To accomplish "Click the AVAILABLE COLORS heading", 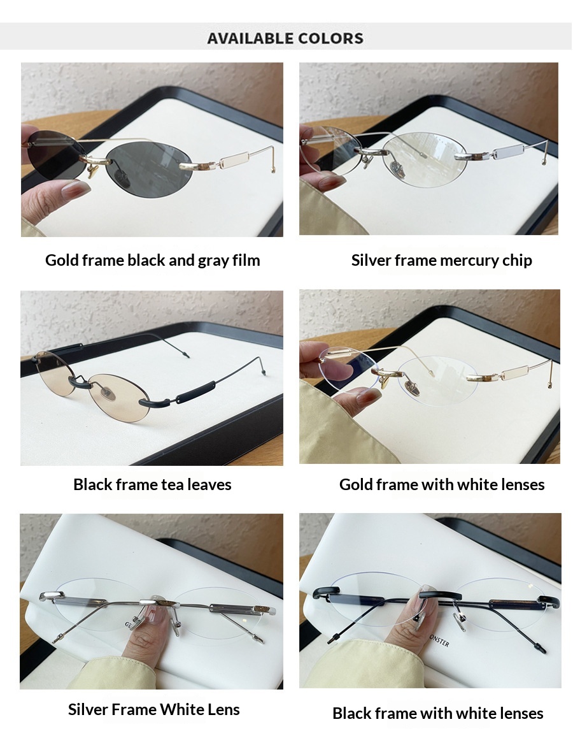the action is coord(285,38).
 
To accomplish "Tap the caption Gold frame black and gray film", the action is coord(152,261).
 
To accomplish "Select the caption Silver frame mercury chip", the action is coord(441,261).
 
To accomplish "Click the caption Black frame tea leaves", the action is coord(152,484).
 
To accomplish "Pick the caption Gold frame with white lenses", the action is coord(442,484).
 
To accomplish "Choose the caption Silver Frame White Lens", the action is coord(154,709).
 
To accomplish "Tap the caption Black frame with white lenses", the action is coord(438,713).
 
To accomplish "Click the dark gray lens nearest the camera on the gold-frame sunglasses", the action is coord(149,166).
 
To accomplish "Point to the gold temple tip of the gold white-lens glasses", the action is coord(550,384).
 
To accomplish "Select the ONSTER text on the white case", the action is coord(439,640).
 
